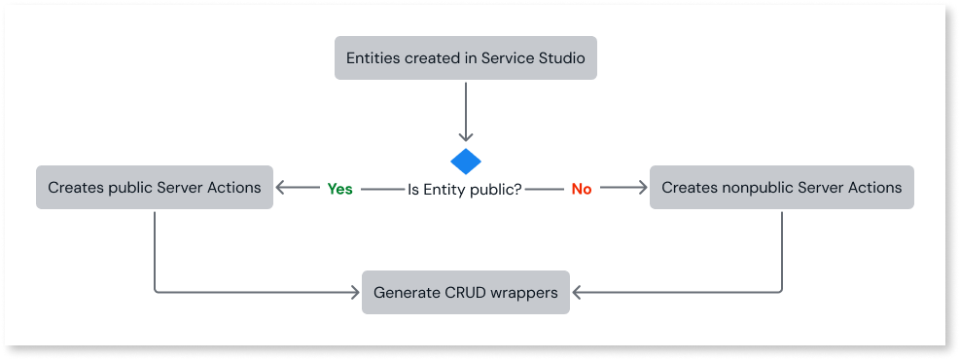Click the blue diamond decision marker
click(x=466, y=161)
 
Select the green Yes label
click(x=339, y=189)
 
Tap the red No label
click(x=582, y=189)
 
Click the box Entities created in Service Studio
click(x=465, y=58)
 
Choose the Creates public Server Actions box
click(x=155, y=187)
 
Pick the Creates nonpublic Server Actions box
click(x=781, y=187)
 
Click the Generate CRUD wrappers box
click(x=466, y=292)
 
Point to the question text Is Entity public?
click(x=464, y=189)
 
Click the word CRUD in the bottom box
click(x=463, y=292)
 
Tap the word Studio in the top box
click(x=560, y=58)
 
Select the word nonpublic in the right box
click(x=755, y=187)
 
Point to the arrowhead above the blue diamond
click(x=466, y=137)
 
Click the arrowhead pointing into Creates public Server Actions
click(x=281, y=188)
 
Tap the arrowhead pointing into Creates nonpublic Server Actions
click(x=642, y=188)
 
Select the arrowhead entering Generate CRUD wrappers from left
click(x=354, y=292)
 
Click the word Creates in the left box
click(x=75, y=187)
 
